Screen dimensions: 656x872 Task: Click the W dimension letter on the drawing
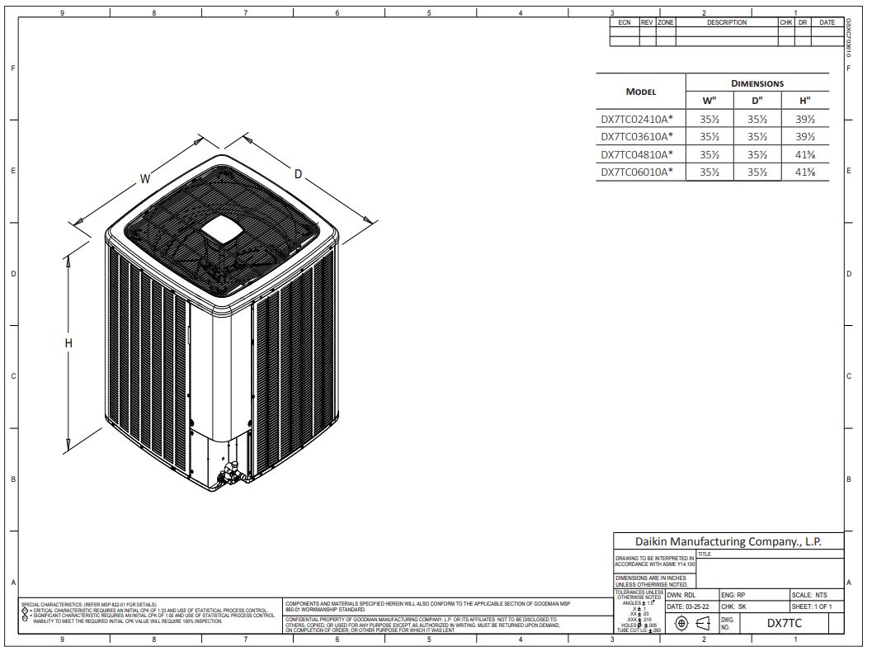[x=144, y=178]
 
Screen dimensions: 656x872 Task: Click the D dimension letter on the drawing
[x=298, y=174]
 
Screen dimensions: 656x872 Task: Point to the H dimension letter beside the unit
[x=69, y=343]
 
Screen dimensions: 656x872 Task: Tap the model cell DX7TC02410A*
[x=637, y=118]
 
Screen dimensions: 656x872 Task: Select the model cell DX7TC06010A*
[x=637, y=172]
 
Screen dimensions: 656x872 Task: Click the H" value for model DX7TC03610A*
[x=804, y=136]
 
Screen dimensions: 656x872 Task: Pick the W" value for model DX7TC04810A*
[x=709, y=154]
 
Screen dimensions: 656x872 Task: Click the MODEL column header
[x=641, y=92]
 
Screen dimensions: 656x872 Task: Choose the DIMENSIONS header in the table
[x=757, y=83]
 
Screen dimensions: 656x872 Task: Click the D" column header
[x=757, y=101]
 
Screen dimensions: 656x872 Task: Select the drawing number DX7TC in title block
[x=784, y=624]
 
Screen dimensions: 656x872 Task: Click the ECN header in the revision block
[x=625, y=22]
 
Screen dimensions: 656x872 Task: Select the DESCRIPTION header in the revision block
[x=726, y=22]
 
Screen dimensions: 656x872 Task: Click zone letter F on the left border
[x=13, y=68]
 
